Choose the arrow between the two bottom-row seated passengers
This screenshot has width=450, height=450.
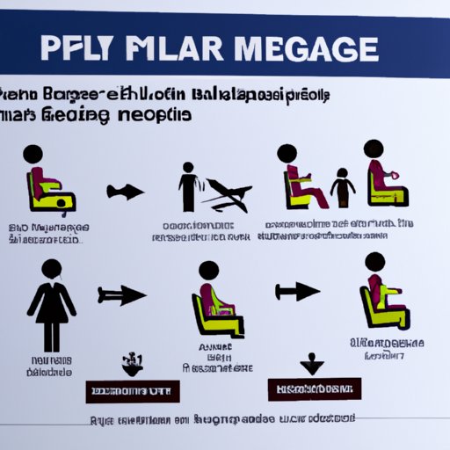pos(296,291)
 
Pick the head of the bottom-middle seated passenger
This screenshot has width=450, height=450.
pos(209,272)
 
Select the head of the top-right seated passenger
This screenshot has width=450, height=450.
pos(374,149)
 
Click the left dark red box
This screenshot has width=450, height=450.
pos(132,391)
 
